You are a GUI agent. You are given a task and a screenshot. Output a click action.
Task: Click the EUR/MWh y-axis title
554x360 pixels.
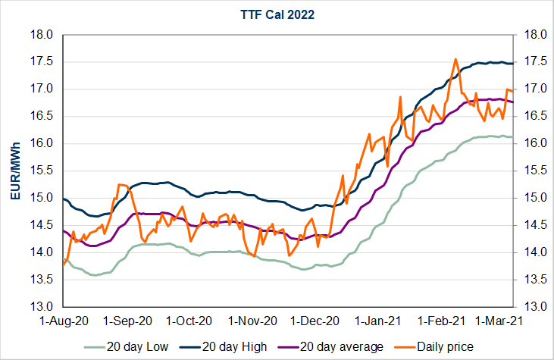15,171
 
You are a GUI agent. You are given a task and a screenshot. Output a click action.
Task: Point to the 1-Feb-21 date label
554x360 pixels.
446,321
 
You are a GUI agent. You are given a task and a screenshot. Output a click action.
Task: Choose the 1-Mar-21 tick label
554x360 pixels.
496,321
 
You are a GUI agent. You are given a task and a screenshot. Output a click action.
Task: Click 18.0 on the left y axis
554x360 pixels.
41,35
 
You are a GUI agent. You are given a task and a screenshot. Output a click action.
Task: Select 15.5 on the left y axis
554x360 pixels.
41,171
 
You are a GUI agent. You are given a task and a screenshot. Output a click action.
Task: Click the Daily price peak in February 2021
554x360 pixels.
455,58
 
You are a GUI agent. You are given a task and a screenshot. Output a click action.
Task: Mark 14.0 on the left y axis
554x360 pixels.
41,252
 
